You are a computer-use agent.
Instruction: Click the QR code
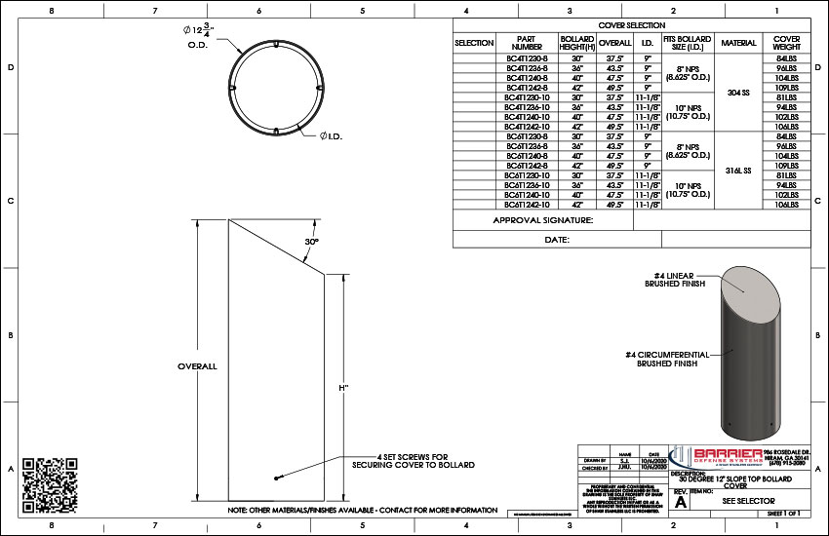(x=49, y=478)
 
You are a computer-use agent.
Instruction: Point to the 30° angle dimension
(x=311, y=241)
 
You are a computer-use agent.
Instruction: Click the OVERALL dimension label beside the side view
(x=196, y=366)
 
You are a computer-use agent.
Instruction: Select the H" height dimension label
(x=343, y=387)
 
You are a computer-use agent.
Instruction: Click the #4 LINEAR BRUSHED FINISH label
(x=674, y=281)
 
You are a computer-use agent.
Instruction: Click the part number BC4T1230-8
(x=526, y=57)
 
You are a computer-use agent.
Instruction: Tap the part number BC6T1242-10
(x=526, y=206)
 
